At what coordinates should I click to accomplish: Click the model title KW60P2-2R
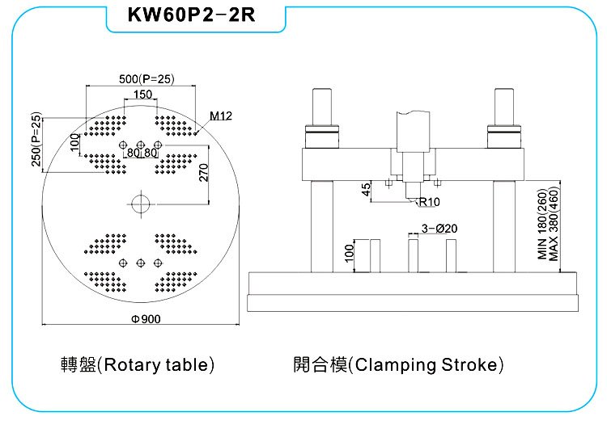point(191,15)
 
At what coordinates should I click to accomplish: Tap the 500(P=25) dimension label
point(146,79)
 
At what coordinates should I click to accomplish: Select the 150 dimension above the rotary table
point(142,95)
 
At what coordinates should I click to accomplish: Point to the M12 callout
point(221,116)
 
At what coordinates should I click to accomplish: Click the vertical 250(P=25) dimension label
point(36,140)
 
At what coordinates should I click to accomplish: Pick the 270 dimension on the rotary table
point(204,172)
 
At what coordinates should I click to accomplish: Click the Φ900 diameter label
point(146,319)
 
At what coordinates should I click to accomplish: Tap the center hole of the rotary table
point(141,204)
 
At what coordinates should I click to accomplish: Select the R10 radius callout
point(429,202)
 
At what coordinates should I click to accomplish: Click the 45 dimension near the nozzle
point(366,189)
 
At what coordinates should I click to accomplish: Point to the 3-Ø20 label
point(439,229)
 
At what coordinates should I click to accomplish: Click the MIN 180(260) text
point(543,224)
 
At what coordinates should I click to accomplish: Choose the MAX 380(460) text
point(554,224)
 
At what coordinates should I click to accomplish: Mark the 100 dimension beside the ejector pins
point(349,253)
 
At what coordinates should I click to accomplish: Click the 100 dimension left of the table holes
point(74,142)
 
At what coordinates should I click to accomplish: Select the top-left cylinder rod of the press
point(322,107)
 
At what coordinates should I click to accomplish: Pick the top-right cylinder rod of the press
point(504,107)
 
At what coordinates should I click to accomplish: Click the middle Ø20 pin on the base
point(413,256)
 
